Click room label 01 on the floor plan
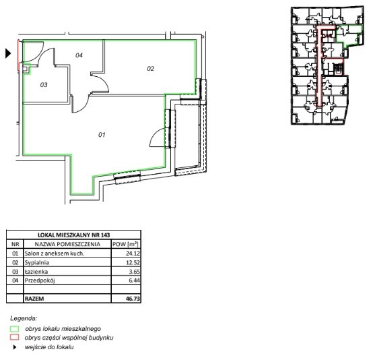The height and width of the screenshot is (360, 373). pyautogui.click(x=102, y=135)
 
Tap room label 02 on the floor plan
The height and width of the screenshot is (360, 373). pyautogui.click(x=151, y=69)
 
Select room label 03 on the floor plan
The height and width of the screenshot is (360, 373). pyautogui.click(x=44, y=84)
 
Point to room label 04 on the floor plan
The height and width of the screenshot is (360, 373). pyautogui.click(x=79, y=55)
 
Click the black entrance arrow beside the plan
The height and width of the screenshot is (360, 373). pyautogui.click(x=8, y=53)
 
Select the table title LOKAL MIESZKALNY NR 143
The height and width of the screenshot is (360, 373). pyautogui.click(x=74, y=235)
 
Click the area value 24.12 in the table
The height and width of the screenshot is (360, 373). pyautogui.click(x=133, y=253)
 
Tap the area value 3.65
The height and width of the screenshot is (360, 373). pyautogui.click(x=134, y=272)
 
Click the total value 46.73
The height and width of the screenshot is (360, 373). pyautogui.click(x=133, y=299)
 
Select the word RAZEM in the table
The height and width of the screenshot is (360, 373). pyautogui.click(x=34, y=299)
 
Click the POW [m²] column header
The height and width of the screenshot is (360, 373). pyautogui.click(x=125, y=244)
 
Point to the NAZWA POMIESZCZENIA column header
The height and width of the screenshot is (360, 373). pyautogui.click(x=67, y=244)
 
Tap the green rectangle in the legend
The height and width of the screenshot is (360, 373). pyautogui.click(x=15, y=329)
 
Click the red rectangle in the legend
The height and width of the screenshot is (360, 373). pyautogui.click(x=15, y=337)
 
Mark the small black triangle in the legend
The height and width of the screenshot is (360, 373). pyautogui.click(x=15, y=347)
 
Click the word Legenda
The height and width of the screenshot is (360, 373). pyautogui.click(x=24, y=318)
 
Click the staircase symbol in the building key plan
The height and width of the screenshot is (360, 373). pyautogui.click(x=338, y=68)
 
